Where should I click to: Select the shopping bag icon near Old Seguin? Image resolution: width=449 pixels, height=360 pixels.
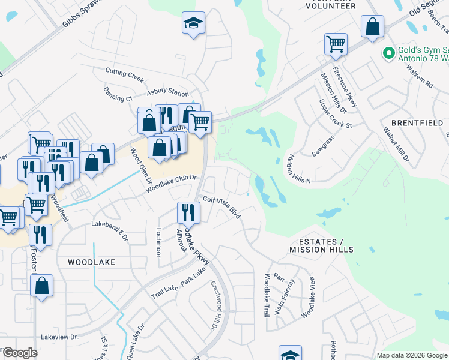[x=372, y=26]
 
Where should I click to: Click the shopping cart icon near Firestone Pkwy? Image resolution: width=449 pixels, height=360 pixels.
[x=336, y=44]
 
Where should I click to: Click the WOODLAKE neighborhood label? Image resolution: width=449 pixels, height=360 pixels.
[x=91, y=262]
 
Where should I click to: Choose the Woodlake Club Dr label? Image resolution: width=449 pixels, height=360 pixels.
[x=170, y=184]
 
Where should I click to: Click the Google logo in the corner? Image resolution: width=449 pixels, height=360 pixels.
[x=19, y=353]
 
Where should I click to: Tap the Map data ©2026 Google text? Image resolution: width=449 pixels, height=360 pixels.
[x=411, y=355]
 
